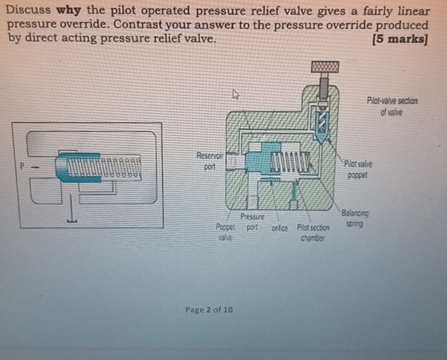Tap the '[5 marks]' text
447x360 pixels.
[x=400, y=38]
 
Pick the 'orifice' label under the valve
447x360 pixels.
[x=279, y=227]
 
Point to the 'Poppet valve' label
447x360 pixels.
[x=226, y=232]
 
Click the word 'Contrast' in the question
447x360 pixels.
[x=129, y=25]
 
